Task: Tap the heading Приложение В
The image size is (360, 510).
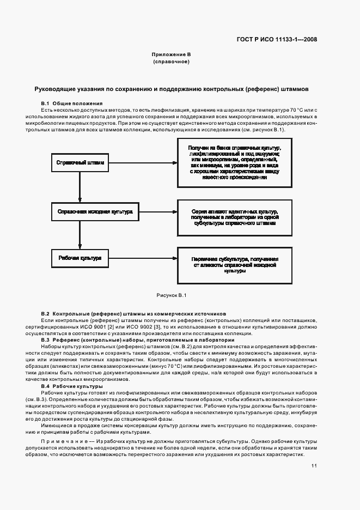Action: click(171, 55)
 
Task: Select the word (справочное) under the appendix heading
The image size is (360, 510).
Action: click(171, 62)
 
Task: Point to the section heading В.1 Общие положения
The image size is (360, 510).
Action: click(71, 104)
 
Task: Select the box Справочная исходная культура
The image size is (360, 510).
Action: click(95, 211)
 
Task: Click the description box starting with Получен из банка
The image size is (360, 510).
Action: click(235, 162)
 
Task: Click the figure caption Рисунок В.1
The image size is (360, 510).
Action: click(172, 295)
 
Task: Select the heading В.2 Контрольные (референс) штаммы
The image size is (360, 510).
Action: click(133, 314)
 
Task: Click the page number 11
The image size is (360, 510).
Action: click(315, 466)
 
